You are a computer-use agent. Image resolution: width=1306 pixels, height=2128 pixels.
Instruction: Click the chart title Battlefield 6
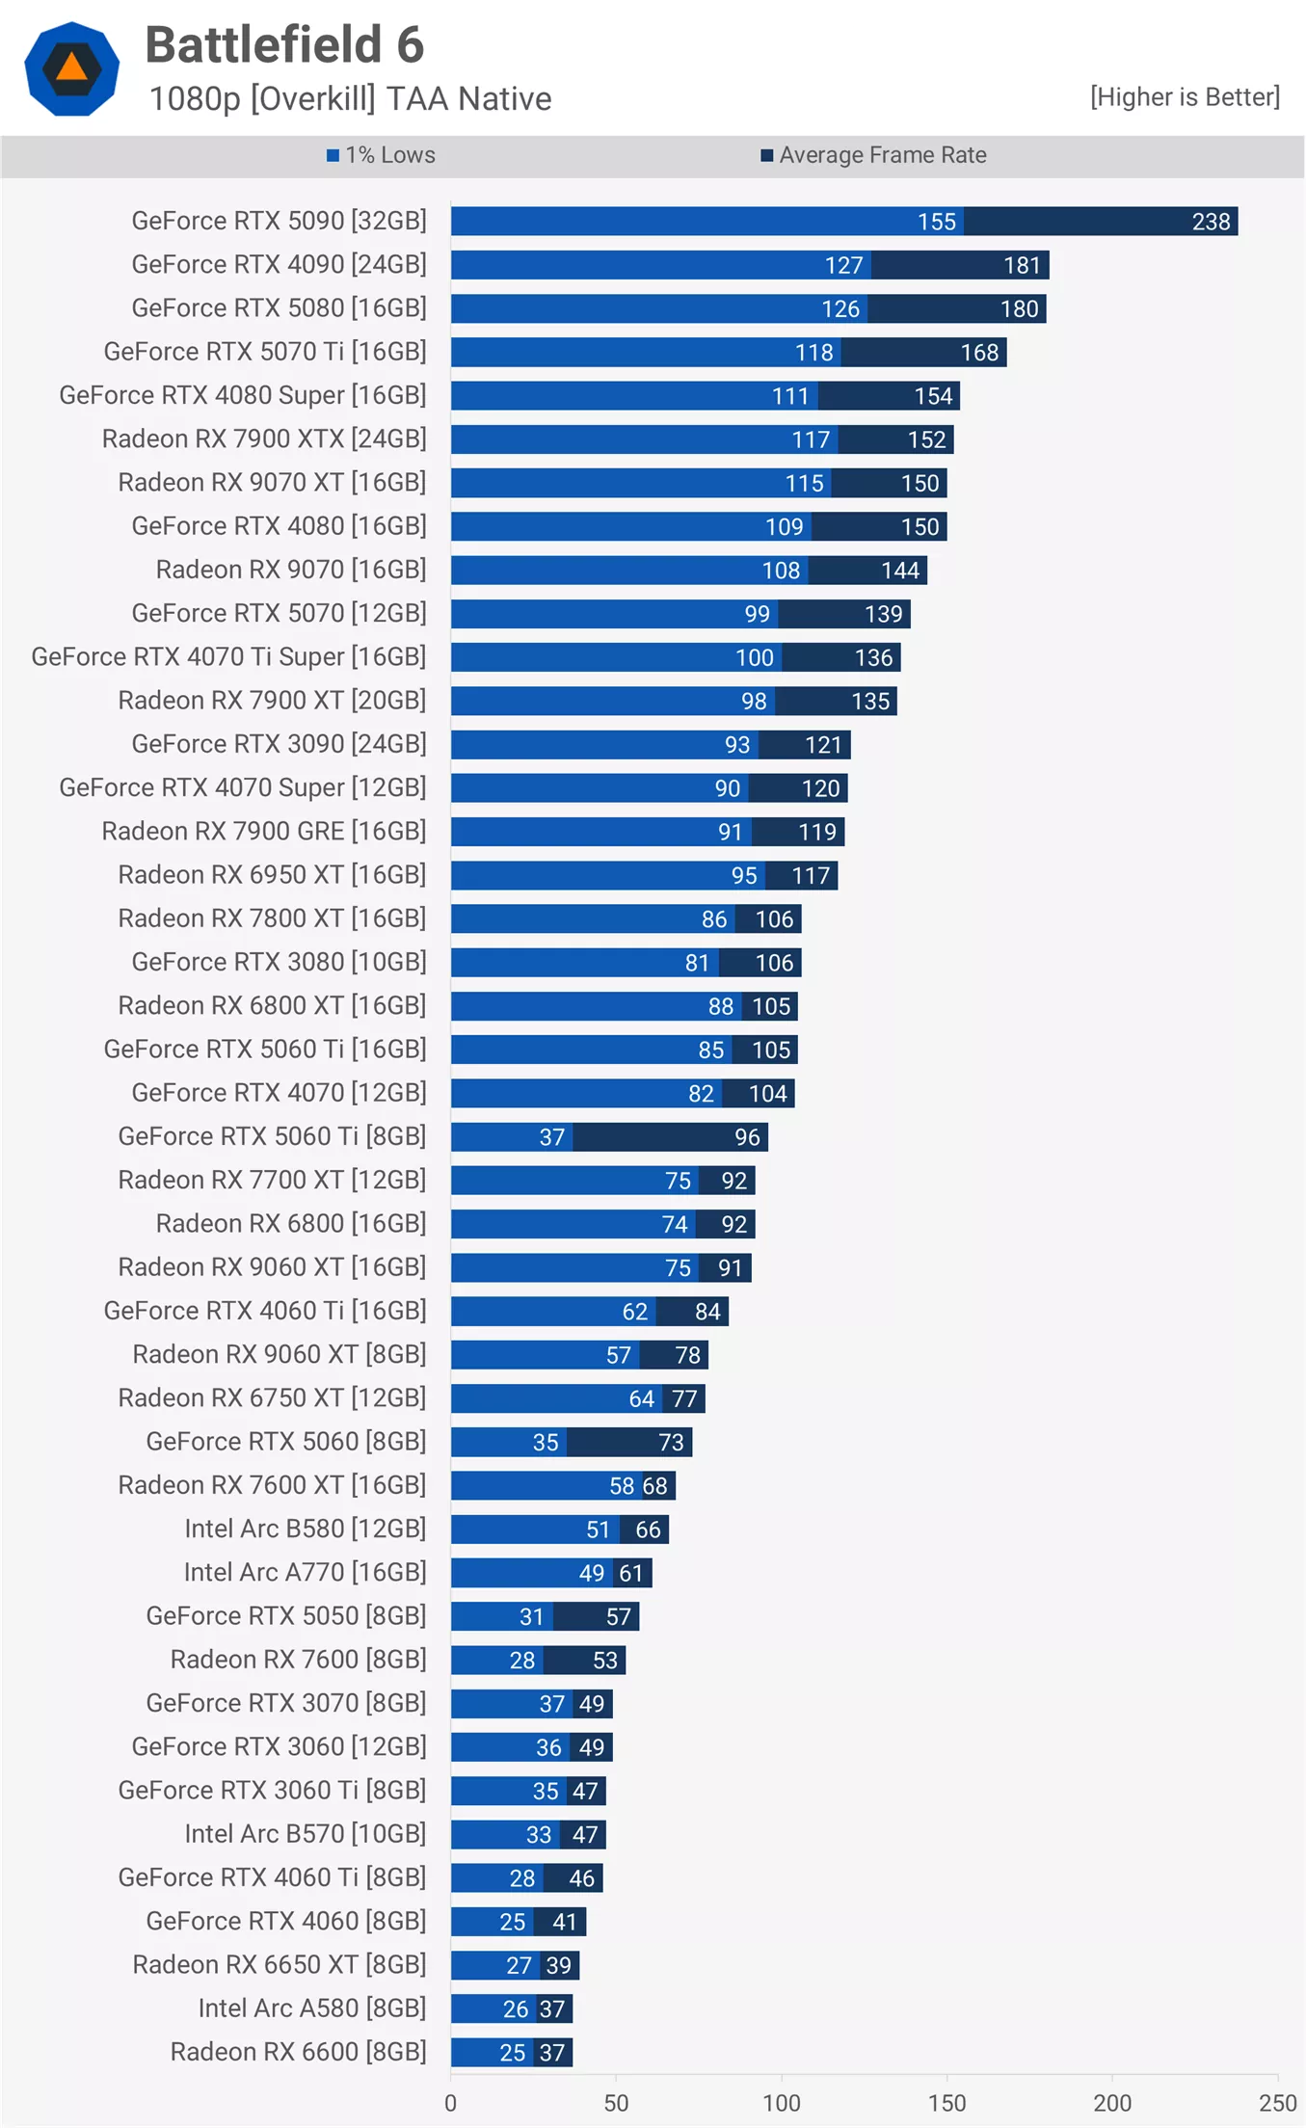284,45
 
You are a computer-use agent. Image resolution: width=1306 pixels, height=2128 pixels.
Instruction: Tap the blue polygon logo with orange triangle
71,68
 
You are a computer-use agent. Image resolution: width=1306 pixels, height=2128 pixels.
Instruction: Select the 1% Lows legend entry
381,155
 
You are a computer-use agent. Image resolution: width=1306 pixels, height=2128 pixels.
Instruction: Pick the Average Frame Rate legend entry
873,155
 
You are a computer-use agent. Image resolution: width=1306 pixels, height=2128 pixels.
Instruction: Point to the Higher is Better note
1185,97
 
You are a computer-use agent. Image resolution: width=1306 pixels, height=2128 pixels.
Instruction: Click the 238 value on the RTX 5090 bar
1211,222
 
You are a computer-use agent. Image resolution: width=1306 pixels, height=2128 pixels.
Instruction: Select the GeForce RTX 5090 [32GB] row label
279,221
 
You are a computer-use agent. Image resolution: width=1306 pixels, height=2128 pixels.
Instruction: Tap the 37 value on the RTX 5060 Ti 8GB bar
551,1137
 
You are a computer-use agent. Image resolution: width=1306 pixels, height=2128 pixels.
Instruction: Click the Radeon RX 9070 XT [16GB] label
272,482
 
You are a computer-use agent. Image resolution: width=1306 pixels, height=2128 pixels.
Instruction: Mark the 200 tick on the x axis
1112,2103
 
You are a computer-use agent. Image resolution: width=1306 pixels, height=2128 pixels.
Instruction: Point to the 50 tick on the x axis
616,2103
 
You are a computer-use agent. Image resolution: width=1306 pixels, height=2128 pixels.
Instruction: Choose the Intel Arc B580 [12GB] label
305,1529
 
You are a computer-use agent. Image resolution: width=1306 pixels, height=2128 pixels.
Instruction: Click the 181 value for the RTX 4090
1022,265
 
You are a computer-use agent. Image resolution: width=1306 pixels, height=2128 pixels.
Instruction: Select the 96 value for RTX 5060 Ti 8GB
747,1137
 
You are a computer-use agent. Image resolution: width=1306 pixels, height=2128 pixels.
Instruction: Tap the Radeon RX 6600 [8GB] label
298,2052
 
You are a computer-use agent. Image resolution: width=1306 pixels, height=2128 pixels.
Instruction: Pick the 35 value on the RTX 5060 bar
546,1443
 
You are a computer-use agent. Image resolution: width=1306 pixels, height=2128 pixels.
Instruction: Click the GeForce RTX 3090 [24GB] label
279,744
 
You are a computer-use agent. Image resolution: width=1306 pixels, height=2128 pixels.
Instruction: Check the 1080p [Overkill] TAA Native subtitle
351,98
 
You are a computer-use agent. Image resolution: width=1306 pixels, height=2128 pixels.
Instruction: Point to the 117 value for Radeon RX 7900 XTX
811,439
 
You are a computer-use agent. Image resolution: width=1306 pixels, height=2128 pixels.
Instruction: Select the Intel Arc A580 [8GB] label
312,2008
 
